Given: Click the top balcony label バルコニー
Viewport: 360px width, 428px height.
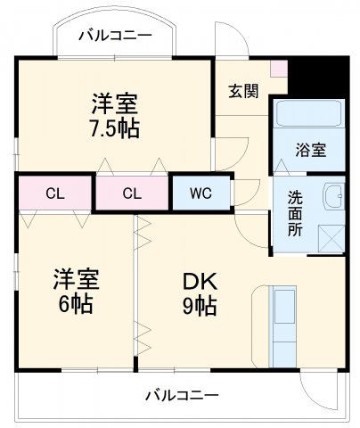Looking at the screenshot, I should click(x=114, y=36).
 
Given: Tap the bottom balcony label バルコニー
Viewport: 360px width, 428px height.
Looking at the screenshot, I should click(x=182, y=395).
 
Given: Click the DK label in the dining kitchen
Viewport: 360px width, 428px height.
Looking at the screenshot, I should click(x=200, y=280).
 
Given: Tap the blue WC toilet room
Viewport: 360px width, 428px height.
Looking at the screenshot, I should click(x=199, y=193).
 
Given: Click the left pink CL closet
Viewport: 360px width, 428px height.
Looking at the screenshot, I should click(x=55, y=193).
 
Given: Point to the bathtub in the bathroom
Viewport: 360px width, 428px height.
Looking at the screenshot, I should click(x=308, y=114).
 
